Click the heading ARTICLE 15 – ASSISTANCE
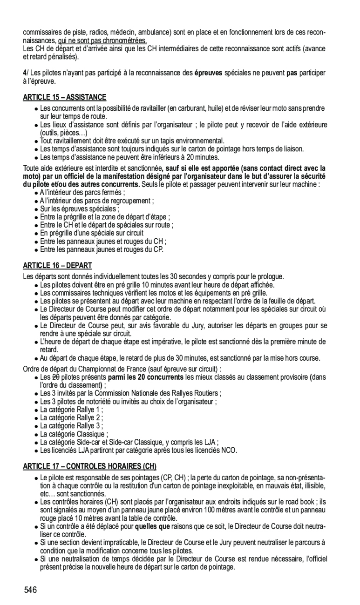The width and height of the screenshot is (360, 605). point(65,97)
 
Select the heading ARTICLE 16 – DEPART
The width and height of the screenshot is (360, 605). point(57,265)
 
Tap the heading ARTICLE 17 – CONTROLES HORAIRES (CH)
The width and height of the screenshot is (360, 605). point(89,466)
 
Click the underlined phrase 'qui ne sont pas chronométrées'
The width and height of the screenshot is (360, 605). point(102,41)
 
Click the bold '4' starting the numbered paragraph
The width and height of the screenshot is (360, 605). point(25,73)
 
